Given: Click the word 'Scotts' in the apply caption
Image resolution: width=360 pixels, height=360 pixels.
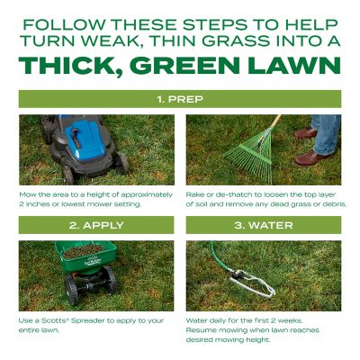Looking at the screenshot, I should pyautogui.click(x=57, y=319).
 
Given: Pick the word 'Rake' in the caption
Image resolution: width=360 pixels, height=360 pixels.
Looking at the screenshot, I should pyautogui.click(x=195, y=193).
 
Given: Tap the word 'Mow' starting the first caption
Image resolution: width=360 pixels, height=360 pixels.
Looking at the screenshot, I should pyautogui.click(x=27, y=193).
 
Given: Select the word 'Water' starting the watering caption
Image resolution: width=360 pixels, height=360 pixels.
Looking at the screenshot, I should pyautogui.click(x=197, y=319).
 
